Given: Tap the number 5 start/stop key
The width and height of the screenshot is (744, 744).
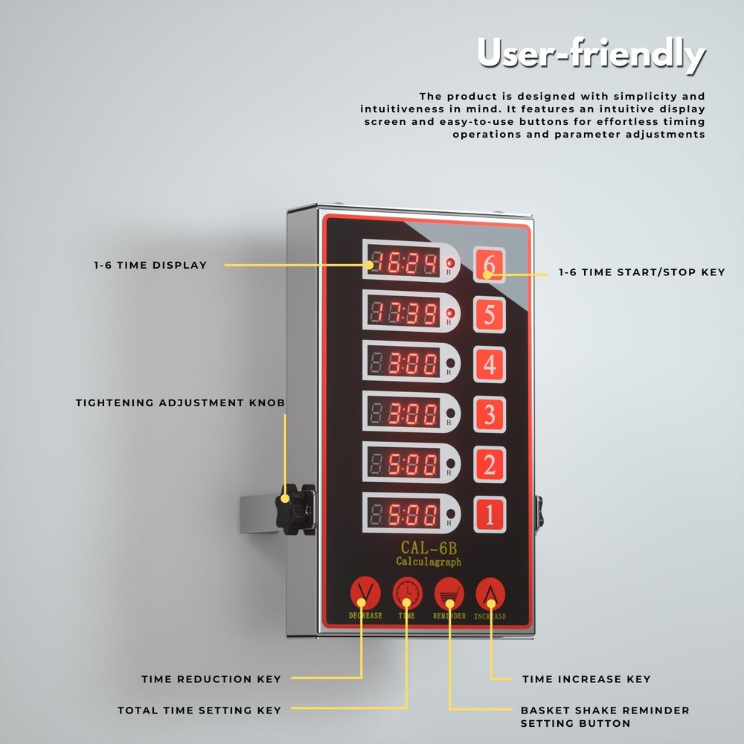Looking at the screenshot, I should click(490, 315).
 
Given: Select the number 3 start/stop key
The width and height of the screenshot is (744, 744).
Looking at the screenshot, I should click(490, 414).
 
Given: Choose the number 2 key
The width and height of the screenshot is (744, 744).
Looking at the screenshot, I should click(490, 465).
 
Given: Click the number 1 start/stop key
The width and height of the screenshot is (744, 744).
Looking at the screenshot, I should click(490, 514).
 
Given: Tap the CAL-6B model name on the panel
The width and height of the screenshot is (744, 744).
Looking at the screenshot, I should click(428, 548).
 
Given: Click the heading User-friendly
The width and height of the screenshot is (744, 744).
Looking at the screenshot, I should click(590, 54).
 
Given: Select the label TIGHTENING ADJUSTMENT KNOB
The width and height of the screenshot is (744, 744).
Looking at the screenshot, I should click(180, 403).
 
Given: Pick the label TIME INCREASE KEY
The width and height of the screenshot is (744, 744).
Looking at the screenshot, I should click(586, 679).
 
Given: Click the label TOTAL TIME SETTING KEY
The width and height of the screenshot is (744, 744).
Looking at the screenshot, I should click(199, 711).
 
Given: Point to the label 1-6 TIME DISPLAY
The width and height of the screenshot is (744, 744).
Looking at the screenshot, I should click(150, 265).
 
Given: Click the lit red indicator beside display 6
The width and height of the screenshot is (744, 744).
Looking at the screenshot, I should click(449, 263).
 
